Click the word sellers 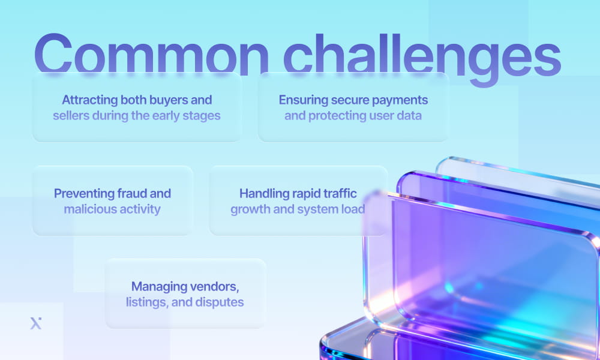71,115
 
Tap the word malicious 88,209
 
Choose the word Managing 158,286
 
